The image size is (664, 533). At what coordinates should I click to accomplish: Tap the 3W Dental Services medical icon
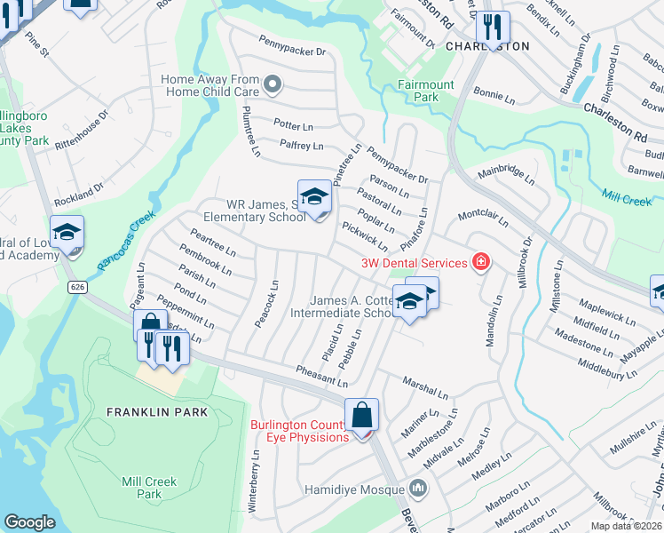point(481,262)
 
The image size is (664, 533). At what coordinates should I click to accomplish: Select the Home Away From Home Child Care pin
point(273,85)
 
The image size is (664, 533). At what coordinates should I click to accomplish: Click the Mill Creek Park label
point(149,488)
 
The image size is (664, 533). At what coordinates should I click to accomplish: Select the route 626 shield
point(77,288)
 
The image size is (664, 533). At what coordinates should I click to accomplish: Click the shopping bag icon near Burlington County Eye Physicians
point(362,415)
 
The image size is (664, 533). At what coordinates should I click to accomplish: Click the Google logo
point(29,521)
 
